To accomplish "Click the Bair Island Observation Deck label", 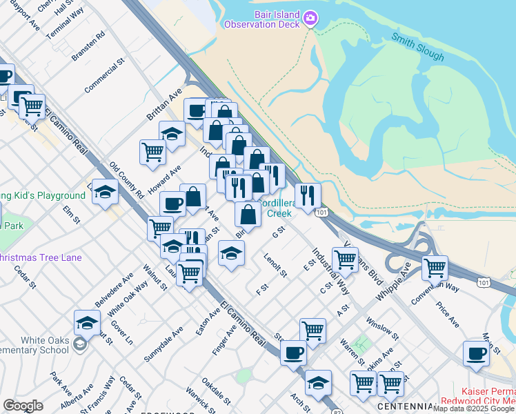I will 261,19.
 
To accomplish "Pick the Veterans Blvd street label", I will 366,264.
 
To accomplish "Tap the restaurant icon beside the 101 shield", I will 308,195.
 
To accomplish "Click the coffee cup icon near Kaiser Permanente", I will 476,353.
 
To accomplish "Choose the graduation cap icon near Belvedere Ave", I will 88,322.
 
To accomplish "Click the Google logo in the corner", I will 23,406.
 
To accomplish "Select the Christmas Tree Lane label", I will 41,258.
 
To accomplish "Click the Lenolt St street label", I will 275,265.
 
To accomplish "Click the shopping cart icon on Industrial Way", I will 345,259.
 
